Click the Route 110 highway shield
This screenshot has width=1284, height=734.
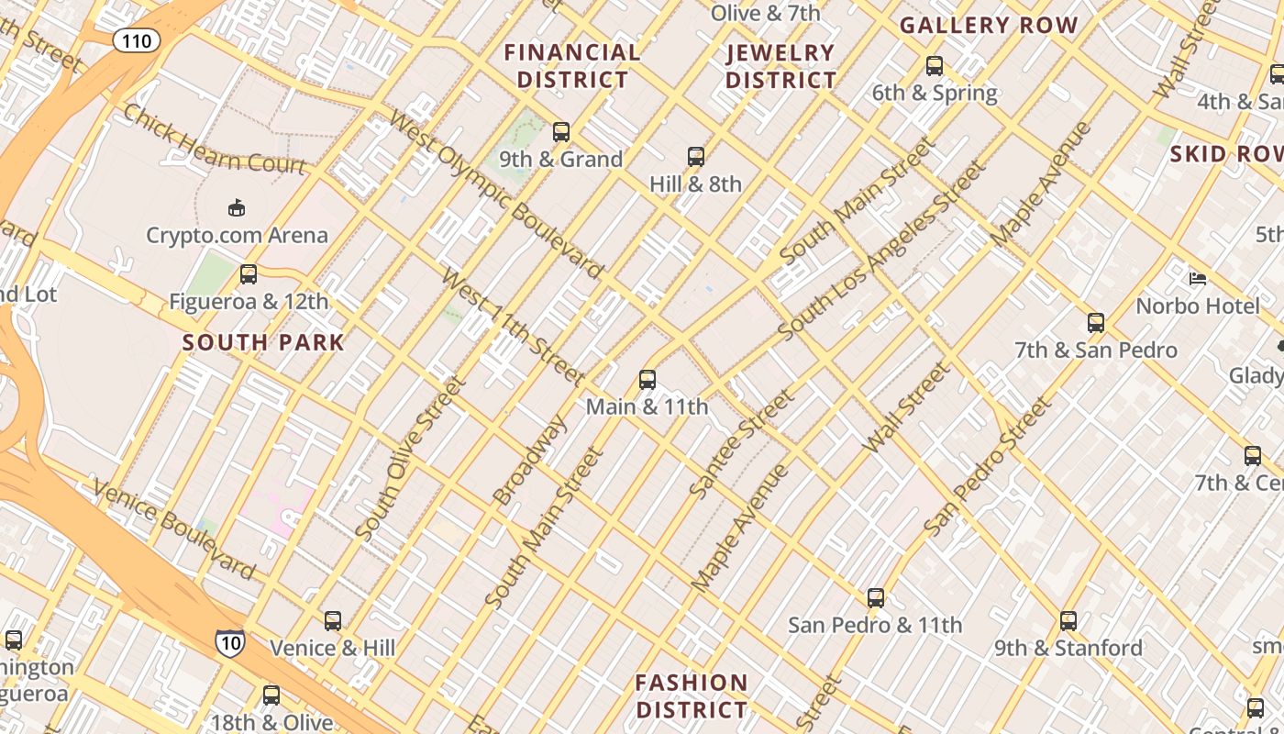tap(137, 40)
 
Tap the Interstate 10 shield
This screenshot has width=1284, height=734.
tap(229, 642)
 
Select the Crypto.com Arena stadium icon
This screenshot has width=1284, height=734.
tap(237, 207)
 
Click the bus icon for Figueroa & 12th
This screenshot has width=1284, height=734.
tap(248, 273)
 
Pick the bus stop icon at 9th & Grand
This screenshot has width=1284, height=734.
tap(560, 132)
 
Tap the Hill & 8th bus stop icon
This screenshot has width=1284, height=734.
tap(695, 157)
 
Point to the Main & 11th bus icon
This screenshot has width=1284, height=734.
tap(647, 379)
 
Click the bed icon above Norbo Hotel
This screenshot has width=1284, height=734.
tap(1197, 278)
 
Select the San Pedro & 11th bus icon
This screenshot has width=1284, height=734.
tap(875, 598)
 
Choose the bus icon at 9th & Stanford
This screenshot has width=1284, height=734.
tap(1068, 621)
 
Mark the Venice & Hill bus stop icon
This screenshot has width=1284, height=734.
tap(332, 621)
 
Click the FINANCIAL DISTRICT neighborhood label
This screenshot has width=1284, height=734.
tap(572, 66)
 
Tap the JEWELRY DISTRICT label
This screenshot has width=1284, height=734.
tap(780, 66)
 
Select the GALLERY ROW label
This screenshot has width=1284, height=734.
tap(988, 26)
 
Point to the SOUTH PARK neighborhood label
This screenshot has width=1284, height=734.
tap(263, 343)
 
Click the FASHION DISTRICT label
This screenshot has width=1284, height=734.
tap(692, 696)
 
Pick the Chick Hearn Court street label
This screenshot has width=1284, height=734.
tap(214, 139)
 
